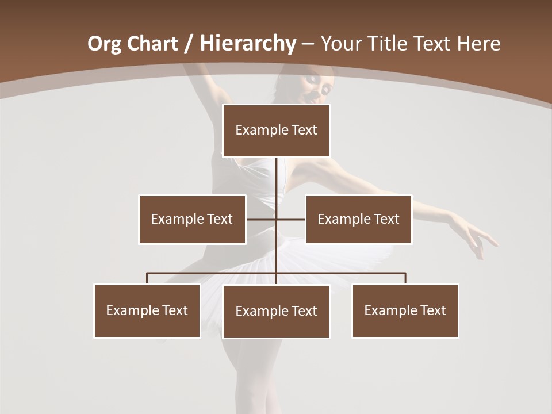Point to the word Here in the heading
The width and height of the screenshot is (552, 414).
(478, 44)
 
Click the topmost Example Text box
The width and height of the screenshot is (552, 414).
(276, 131)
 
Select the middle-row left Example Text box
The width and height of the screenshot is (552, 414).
(192, 219)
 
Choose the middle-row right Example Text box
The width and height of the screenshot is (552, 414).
(359, 219)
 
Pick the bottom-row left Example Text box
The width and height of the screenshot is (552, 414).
(147, 310)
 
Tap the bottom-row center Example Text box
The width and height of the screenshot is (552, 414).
(276, 311)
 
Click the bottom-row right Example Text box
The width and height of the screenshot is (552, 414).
(405, 310)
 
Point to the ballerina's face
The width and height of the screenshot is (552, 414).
(320, 88)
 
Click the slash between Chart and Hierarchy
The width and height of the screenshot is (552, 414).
(187, 44)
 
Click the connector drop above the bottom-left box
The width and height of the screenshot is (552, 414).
(147, 278)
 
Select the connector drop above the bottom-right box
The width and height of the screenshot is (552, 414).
(405, 278)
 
